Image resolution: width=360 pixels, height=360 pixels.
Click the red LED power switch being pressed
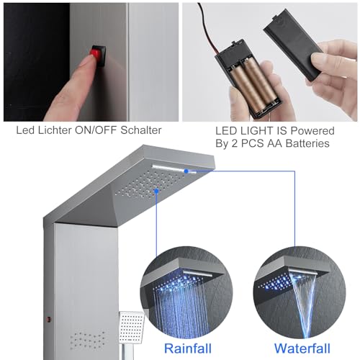click(x=96, y=55)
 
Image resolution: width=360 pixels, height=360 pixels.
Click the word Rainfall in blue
click(x=188, y=348)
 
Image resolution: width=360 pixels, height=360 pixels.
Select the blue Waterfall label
click(x=302, y=348)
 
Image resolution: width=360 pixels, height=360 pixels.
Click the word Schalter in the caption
click(x=140, y=130)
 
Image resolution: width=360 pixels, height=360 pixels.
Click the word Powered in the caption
click(x=312, y=131)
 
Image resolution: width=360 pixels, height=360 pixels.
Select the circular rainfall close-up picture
click(x=186, y=293)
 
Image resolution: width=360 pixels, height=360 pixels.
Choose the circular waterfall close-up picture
click(x=300, y=293)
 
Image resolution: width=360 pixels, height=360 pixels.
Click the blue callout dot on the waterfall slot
click(x=186, y=171)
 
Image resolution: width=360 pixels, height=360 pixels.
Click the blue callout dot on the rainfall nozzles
click(x=156, y=191)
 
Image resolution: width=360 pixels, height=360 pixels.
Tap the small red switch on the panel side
click(x=49, y=320)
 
